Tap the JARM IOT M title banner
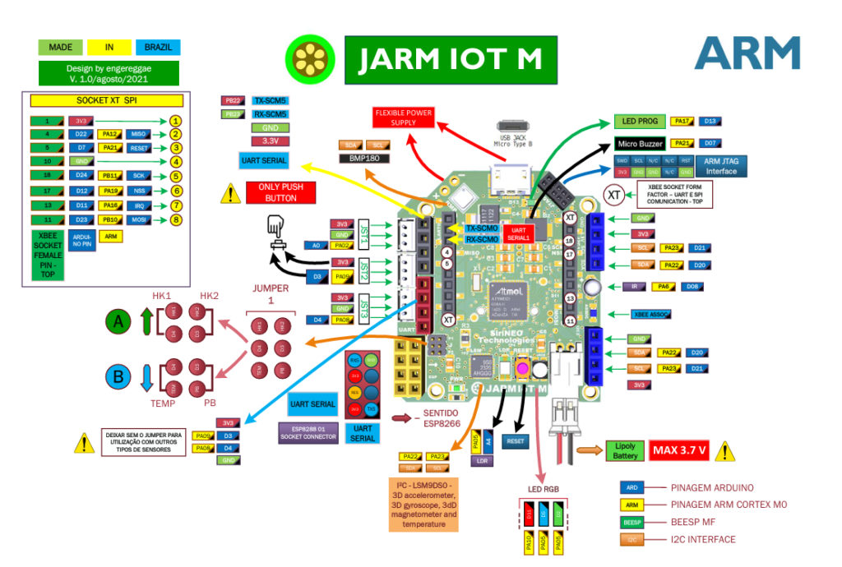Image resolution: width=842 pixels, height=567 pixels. coord(450,59)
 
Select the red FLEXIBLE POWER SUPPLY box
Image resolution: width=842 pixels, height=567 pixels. coord(403,118)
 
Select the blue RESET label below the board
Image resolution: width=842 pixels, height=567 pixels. coord(515,441)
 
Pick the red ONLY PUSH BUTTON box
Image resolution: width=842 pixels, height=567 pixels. coord(281,192)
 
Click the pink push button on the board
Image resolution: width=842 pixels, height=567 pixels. coord(521,366)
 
